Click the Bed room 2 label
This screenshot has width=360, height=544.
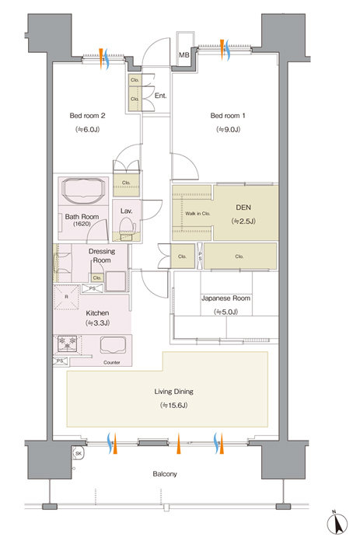point(87,116)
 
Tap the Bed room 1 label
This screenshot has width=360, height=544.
point(228,116)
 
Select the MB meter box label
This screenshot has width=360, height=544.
point(184,55)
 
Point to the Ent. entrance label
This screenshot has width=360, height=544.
point(160,96)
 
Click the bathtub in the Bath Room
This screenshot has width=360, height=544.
point(82,190)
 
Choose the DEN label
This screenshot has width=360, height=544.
point(243,207)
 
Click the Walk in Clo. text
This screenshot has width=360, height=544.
point(197,214)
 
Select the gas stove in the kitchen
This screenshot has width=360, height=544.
point(68,343)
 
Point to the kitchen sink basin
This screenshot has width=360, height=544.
point(113,345)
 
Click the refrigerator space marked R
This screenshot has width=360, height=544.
point(67,297)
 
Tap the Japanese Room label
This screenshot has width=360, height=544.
point(225,298)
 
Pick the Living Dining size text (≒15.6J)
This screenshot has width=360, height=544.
point(173,405)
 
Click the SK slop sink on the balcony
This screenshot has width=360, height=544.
point(78,453)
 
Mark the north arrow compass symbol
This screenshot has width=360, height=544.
point(337,523)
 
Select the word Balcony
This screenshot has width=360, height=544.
point(165,473)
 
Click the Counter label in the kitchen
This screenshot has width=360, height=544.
point(112,362)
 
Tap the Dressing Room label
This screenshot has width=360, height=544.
point(102,256)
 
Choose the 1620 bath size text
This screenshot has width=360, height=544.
point(82,224)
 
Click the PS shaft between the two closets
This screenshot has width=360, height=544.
point(200,256)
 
